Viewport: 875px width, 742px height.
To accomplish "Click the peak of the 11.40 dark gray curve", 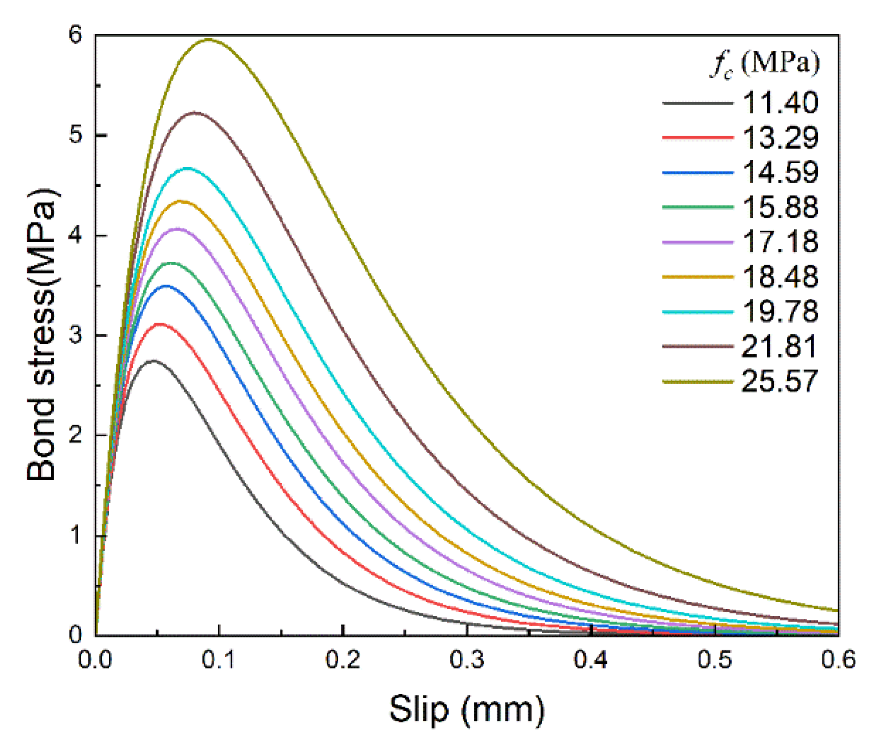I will click(x=154, y=361).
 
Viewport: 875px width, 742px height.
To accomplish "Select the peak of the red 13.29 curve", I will click(x=159, y=324).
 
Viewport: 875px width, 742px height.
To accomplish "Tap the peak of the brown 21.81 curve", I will click(x=196, y=113).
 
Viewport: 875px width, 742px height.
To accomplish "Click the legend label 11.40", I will click(x=781, y=103).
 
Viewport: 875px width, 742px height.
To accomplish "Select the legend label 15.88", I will click(x=781, y=207).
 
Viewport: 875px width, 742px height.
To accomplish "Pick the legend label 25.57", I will click(x=780, y=382).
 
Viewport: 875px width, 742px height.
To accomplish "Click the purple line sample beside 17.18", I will click(x=698, y=242).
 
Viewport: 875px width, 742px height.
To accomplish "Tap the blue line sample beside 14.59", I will click(x=698, y=172).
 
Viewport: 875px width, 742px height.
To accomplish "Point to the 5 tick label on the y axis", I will click(x=76, y=136).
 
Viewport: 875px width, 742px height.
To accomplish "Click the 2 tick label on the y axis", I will click(x=76, y=436).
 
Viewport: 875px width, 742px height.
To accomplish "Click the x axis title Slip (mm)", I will click(x=467, y=710).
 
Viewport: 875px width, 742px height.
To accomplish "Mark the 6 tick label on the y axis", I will click(x=76, y=36).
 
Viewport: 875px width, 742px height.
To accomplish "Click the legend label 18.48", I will click(x=781, y=277).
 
